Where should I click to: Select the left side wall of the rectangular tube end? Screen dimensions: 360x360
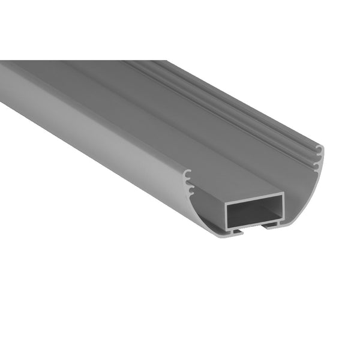tap(227, 214)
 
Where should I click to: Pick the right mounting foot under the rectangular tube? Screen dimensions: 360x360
tap(273, 226)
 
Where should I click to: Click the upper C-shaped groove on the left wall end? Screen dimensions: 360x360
tap(188, 175)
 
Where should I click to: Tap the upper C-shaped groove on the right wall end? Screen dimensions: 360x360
tap(319, 149)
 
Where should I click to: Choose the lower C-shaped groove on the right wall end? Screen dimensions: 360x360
tap(316, 163)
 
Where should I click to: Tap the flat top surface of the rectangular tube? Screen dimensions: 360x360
tap(180, 150)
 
